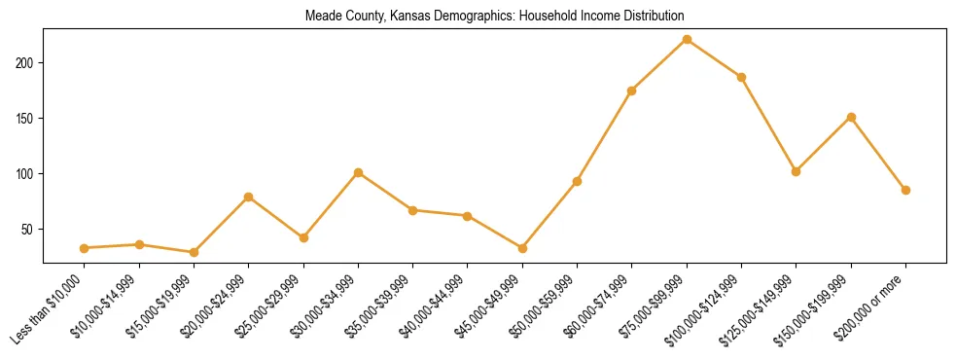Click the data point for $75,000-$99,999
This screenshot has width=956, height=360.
687,40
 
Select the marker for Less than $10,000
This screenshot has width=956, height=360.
85,248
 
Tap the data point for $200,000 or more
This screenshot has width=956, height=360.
905,190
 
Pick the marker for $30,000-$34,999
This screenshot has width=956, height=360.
358,172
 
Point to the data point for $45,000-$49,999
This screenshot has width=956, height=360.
522,248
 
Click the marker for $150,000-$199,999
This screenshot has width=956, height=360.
851,117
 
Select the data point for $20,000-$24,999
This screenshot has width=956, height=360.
249,197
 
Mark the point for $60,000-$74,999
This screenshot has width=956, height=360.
632,90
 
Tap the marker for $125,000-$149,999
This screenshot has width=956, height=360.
797,171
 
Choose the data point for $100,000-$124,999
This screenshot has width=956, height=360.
741,77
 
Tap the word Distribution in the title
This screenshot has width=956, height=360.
651,17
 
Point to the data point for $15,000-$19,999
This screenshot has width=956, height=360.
194,252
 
